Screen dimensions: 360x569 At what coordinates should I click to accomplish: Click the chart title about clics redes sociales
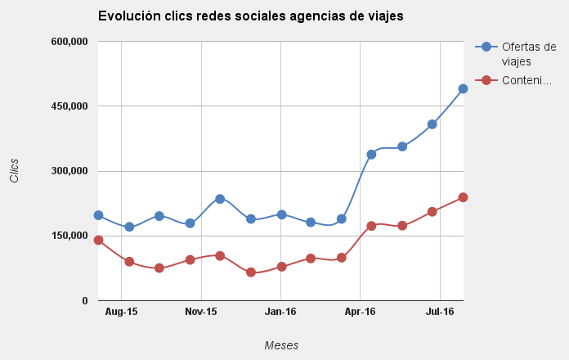click(250, 16)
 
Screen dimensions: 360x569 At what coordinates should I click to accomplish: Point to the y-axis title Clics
click(14, 170)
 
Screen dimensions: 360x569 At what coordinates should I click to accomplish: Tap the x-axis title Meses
click(281, 345)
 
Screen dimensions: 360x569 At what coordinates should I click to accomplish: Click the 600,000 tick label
click(69, 42)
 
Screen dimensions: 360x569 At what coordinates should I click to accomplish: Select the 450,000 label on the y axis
click(69, 106)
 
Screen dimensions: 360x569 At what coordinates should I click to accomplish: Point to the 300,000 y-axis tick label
click(69, 171)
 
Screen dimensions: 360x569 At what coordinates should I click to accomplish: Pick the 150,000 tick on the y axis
click(69, 236)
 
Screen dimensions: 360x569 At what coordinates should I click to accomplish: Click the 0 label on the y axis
click(84, 301)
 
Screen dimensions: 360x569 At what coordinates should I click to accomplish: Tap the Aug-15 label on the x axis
click(121, 312)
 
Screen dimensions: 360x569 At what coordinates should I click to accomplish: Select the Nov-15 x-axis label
click(201, 312)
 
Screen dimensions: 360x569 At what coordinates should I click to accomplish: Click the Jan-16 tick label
click(280, 312)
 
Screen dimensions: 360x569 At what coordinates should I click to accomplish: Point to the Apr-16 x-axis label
click(361, 312)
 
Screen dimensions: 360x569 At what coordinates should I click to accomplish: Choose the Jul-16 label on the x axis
click(440, 312)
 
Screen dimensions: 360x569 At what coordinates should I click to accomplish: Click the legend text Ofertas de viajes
click(528, 54)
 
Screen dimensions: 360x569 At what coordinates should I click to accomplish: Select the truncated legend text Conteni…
click(526, 80)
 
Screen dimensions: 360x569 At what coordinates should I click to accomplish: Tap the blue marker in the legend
click(487, 47)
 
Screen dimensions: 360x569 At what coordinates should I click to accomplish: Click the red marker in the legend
click(487, 80)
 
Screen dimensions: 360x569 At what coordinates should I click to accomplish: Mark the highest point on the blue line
click(463, 88)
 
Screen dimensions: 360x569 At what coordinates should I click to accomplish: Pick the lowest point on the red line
click(251, 272)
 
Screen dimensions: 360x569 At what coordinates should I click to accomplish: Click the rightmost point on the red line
click(463, 197)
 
